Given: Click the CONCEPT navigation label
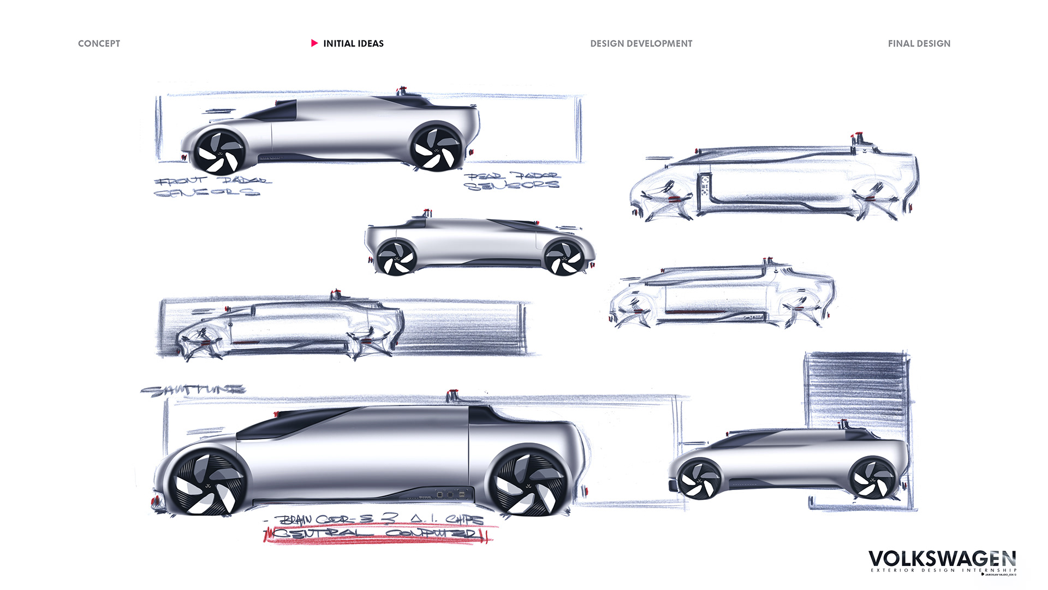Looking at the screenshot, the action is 99,44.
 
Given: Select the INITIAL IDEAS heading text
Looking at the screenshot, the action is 353,44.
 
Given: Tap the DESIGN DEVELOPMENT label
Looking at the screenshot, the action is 641,44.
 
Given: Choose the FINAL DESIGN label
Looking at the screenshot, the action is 919,44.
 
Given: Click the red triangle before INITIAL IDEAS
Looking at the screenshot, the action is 314,43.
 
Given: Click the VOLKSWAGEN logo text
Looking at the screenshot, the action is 942,559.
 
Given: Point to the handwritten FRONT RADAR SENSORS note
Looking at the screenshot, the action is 210,186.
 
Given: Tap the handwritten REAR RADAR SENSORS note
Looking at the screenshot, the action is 512,181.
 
